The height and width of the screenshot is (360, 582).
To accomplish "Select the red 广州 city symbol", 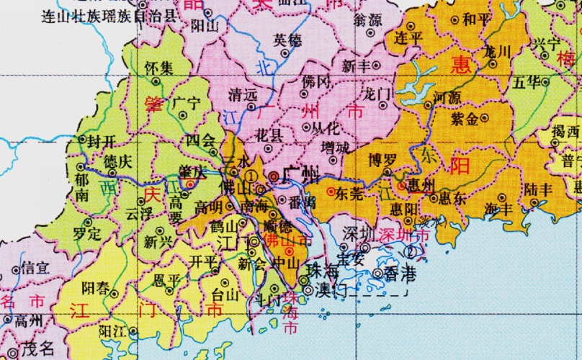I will [x=274, y=175].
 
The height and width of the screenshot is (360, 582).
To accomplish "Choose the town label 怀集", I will [x=158, y=68].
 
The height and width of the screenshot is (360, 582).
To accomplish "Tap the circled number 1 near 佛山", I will [x=251, y=175].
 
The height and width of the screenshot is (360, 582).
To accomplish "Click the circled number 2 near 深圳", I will [x=411, y=251].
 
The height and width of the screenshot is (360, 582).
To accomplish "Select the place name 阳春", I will [x=95, y=288].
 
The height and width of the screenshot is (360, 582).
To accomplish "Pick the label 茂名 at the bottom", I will [x=37, y=349].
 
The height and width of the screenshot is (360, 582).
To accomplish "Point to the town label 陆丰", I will [x=539, y=189].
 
